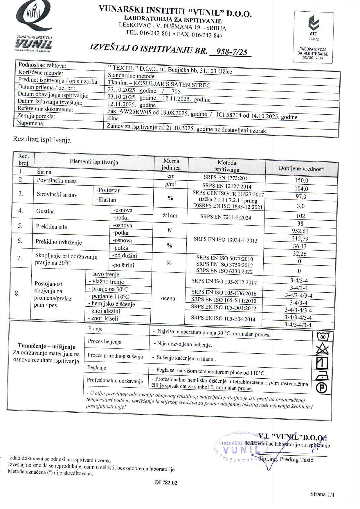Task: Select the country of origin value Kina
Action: coord(113,118)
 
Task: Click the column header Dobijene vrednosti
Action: coord(302,168)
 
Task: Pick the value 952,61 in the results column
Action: coord(300,231)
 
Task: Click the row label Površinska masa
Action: coord(57,181)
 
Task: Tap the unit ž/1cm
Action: coord(170,215)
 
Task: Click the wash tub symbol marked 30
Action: coord(323,337)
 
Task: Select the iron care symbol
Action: coord(322,375)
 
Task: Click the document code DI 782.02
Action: coord(166,483)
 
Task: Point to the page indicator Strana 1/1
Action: coord(322,494)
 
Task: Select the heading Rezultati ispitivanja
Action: coord(42,140)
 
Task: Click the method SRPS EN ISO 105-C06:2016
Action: coord(224,293)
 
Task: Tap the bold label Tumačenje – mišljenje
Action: coord(46,346)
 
